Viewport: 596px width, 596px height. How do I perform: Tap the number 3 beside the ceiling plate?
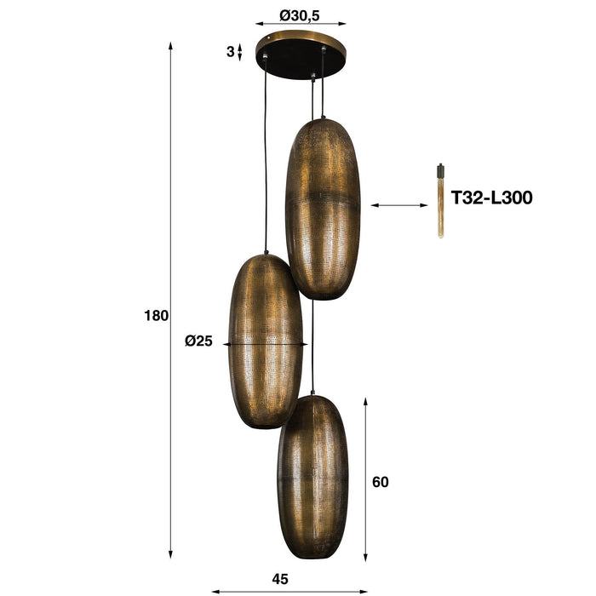(230, 52)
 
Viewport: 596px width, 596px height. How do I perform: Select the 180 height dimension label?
(157, 315)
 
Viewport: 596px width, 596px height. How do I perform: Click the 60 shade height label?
(381, 482)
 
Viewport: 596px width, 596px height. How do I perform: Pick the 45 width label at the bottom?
(280, 579)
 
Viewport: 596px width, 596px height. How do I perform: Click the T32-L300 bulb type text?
(491, 198)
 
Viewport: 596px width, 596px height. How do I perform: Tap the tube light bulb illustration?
(440, 200)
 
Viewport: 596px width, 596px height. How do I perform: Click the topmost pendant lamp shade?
(323, 209)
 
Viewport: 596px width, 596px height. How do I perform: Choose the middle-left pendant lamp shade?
(266, 341)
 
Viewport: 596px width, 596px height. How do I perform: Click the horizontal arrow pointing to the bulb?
(399, 204)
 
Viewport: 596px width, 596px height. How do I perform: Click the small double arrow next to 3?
(239, 52)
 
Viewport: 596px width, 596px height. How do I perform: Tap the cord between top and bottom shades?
(312, 345)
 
